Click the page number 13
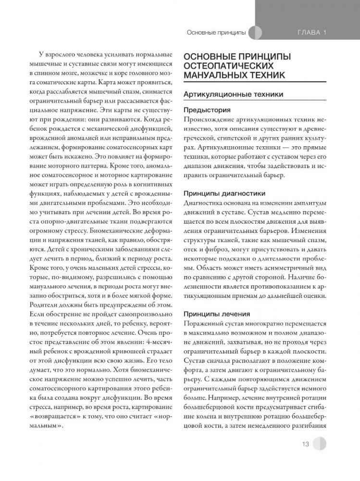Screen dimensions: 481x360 point(305,444)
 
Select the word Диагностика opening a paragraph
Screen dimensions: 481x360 point(205,203)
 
